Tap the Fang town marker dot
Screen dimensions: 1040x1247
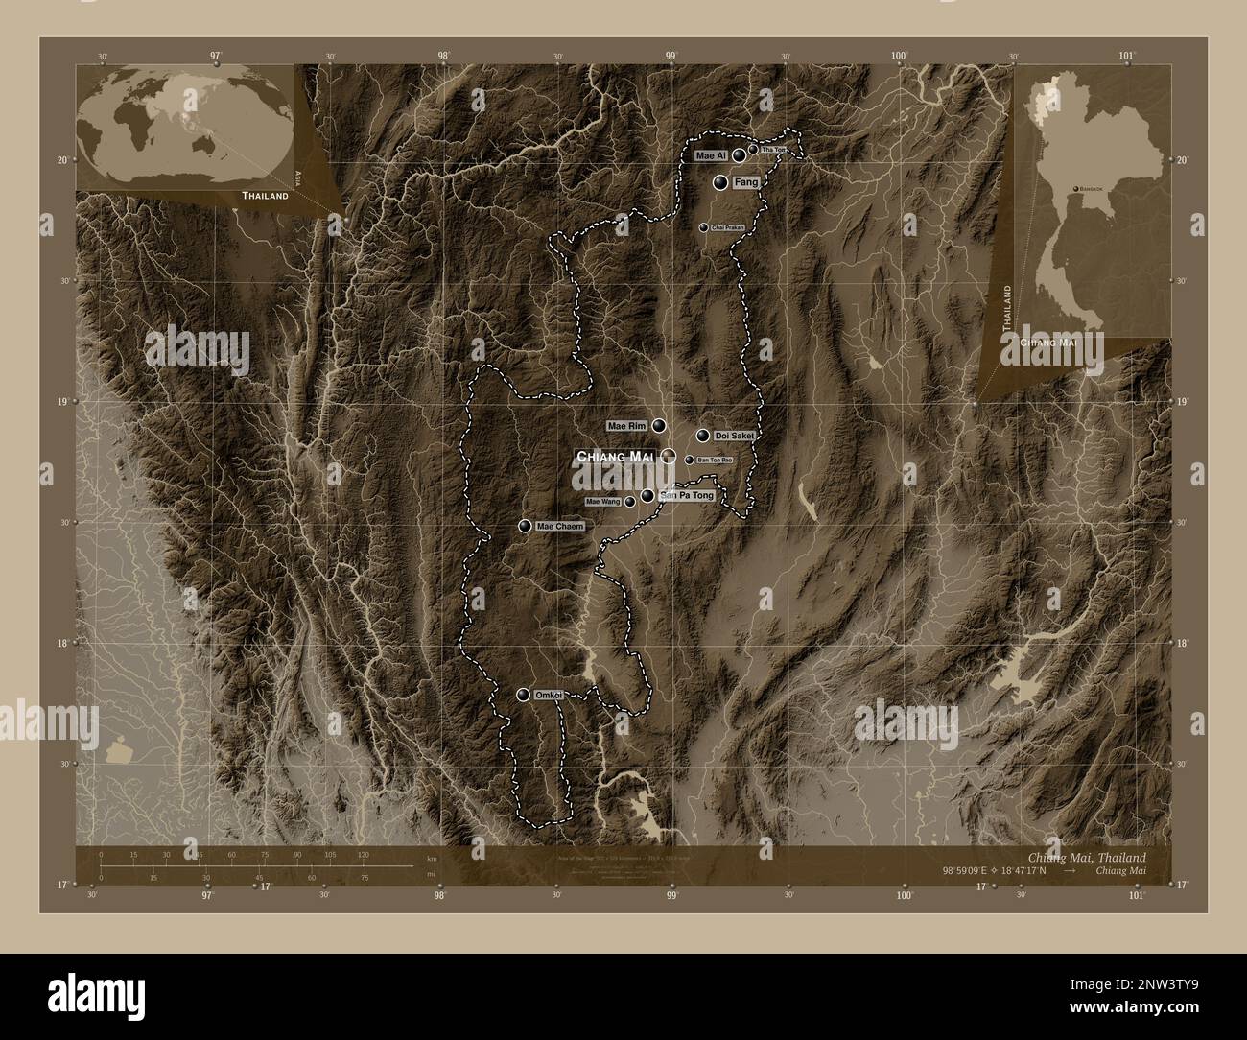point(720,181)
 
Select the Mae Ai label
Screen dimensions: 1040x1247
point(711,155)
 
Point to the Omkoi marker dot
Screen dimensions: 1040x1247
point(524,696)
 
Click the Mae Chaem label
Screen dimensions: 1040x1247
point(560,527)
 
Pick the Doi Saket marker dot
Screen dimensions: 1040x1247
point(703,436)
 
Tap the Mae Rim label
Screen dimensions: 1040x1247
point(627,425)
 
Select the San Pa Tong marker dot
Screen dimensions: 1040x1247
point(648,496)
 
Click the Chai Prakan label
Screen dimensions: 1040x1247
point(728,227)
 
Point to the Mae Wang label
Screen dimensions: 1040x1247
point(603,502)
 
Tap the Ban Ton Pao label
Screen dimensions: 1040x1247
point(715,461)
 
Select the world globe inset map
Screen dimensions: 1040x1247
point(185,125)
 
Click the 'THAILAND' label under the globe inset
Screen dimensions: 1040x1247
point(265,196)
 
